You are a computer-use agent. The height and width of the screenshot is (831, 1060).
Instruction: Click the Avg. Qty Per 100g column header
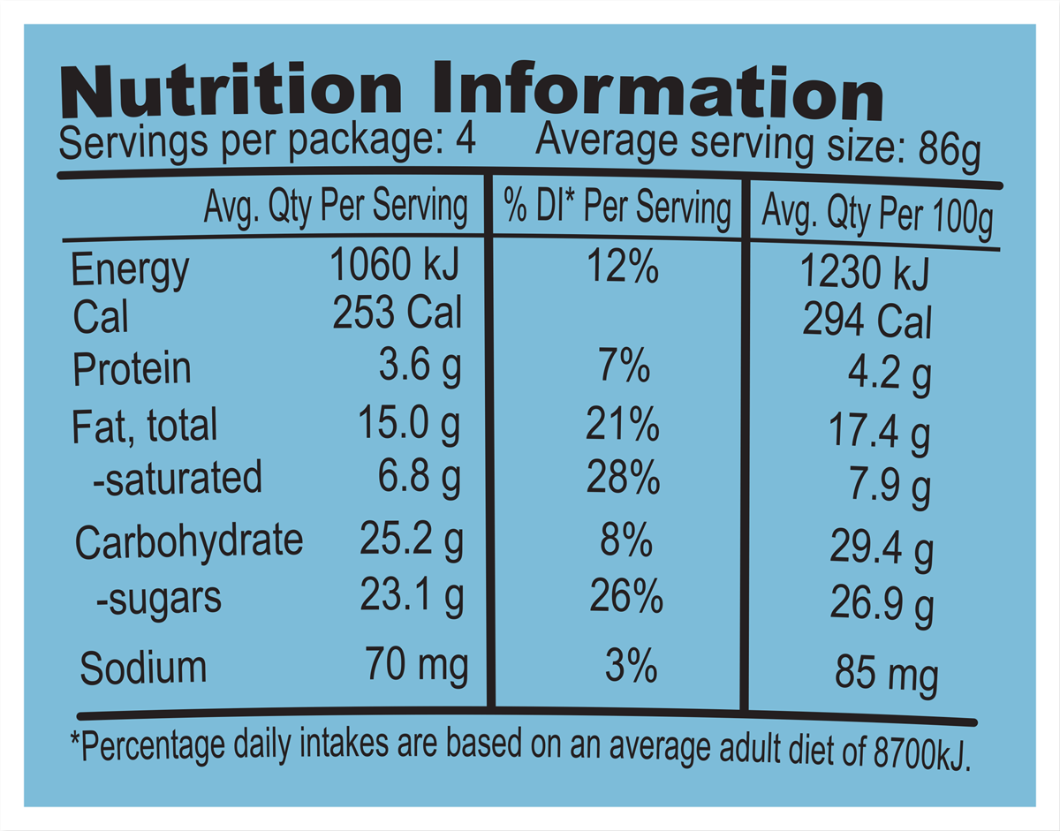click(877, 216)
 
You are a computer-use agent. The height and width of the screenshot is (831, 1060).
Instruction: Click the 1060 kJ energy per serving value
click(395, 264)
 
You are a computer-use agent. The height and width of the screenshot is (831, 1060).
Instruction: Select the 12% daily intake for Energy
click(623, 266)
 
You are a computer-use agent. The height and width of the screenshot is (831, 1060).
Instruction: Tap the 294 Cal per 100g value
click(867, 322)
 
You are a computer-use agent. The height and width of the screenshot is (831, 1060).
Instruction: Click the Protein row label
click(132, 369)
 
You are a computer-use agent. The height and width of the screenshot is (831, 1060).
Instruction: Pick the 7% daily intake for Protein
click(623, 367)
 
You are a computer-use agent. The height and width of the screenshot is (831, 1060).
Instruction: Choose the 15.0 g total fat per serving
click(409, 426)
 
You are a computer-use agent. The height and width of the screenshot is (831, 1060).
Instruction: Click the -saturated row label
click(178, 478)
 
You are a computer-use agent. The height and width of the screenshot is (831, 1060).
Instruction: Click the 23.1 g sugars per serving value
click(411, 596)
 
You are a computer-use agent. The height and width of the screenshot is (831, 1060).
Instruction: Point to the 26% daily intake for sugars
click(626, 598)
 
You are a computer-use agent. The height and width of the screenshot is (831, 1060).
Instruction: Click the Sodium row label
click(143, 668)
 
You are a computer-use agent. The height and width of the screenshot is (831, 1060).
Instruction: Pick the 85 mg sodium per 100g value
click(886, 676)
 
